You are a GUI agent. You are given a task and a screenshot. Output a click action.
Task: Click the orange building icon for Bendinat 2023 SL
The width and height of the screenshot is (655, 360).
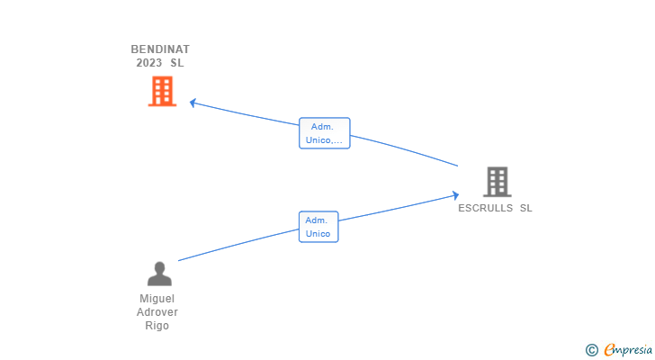[x=162, y=91]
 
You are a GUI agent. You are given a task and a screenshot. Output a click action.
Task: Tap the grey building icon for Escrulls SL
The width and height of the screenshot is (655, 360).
[x=497, y=182]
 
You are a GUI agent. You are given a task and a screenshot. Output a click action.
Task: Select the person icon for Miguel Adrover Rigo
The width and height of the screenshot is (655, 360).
[x=159, y=274]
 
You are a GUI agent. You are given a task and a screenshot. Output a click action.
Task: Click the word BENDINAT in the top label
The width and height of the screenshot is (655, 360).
[x=160, y=49]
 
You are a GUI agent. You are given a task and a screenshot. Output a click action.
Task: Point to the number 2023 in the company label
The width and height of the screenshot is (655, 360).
[x=149, y=63]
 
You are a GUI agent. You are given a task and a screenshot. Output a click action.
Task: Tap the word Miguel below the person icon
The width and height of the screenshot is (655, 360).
[x=157, y=298]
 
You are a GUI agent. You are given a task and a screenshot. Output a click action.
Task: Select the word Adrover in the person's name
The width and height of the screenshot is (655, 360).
[x=157, y=312]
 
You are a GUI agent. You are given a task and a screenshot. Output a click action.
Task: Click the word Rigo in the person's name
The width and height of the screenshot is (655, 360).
[x=157, y=326]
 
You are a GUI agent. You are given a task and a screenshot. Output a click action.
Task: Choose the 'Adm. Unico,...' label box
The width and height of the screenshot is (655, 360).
[x=324, y=133]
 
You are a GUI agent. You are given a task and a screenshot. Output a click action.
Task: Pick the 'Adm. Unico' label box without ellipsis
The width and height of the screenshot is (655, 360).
[x=319, y=227]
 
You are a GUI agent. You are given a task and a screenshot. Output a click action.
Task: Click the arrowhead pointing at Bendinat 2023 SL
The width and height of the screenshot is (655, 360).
[x=193, y=103]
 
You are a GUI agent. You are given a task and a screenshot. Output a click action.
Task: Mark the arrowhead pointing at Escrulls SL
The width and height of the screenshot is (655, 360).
[x=455, y=194]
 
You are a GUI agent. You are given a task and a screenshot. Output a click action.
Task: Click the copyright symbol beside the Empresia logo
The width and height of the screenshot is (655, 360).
[x=591, y=350]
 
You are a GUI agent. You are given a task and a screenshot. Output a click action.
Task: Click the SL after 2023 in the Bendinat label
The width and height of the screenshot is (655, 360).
[x=176, y=63]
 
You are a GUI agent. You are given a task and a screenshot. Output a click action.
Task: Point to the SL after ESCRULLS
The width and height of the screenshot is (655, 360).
[x=525, y=208]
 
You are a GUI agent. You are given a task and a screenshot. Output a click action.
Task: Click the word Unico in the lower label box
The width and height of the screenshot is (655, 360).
[x=319, y=234]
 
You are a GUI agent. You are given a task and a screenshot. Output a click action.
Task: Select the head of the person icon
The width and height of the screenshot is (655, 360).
[x=159, y=267]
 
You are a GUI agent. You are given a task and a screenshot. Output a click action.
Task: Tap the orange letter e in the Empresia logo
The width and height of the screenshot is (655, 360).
[x=609, y=350]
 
